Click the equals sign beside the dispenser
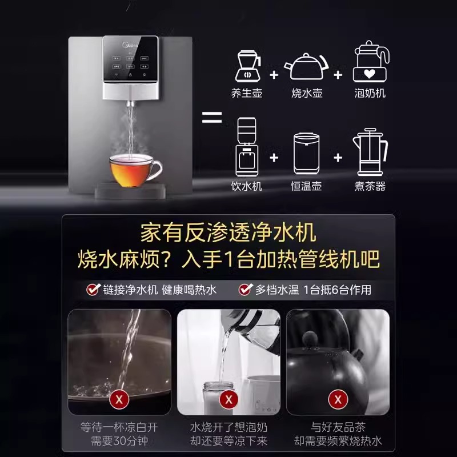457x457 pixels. click(x=212, y=119)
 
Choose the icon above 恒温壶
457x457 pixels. click(x=306, y=155)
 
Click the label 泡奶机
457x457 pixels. click(x=370, y=93)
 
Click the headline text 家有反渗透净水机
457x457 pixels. click(x=228, y=234)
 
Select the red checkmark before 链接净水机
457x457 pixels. click(x=93, y=290)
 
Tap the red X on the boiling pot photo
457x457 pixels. click(x=119, y=399)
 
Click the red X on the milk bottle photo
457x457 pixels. click(x=228, y=399)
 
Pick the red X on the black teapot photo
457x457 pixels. click(x=338, y=399)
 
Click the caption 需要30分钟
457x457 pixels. click(x=119, y=441)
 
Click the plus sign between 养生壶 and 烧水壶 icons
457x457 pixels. click(x=274, y=75)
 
